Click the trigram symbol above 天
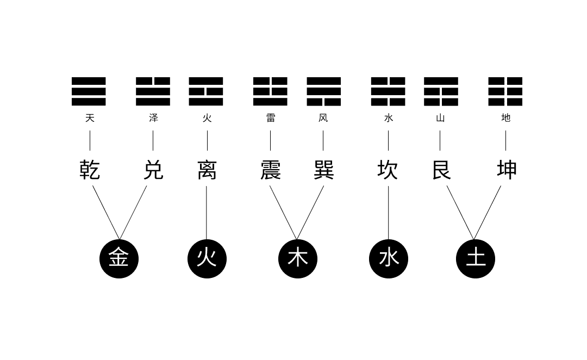coord(89,91)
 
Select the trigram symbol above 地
coord(505,91)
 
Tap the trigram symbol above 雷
coord(270,91)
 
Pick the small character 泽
coord(153,118)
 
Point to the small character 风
coord(323,118)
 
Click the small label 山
coord(440,118)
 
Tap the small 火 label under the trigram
coord(207,118)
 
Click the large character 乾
coord(90,170)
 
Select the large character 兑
coord(153,170)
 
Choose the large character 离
coord(207,170)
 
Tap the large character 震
coord(271,170)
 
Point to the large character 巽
coord(324,170)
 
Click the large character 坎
coord(388,170)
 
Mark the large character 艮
coord(441,170)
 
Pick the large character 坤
coord(507,170)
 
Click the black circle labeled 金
coord(119,259)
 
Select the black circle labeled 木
coord(298,259)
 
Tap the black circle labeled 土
coord(476,259)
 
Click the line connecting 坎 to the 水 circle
coord(388,213)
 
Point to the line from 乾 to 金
coord(106,213)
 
